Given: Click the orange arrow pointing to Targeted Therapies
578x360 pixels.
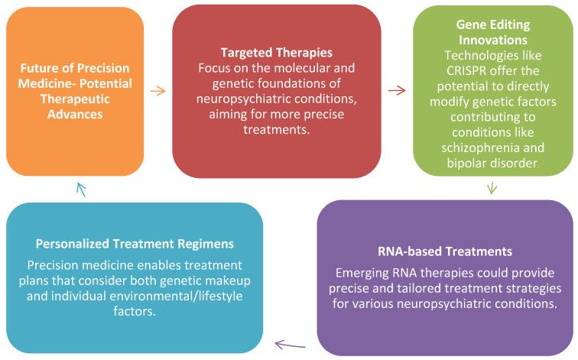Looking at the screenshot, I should (157, 91).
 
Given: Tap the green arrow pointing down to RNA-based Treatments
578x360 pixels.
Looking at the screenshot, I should (492, 187).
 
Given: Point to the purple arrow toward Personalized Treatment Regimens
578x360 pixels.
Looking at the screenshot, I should (290, 344).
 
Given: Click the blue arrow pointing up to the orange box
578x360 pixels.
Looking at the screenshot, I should (83, 188).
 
